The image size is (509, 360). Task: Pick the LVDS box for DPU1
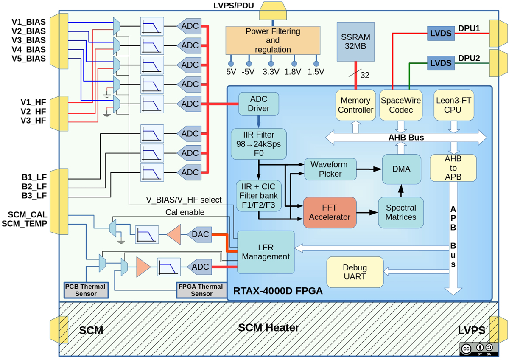(x=440, y=33)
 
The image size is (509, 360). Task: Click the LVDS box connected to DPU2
(x=440, y=63)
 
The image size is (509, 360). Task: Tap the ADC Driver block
(x=258, y=104)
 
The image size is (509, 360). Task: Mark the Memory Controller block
(x=355, y=104)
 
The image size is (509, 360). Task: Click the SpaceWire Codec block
(x=401, y=104)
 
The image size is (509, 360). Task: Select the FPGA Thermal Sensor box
(x=201, y=290)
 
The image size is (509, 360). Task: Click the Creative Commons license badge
(x=477, y=349)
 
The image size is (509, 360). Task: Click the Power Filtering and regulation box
(x=272, y=40)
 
